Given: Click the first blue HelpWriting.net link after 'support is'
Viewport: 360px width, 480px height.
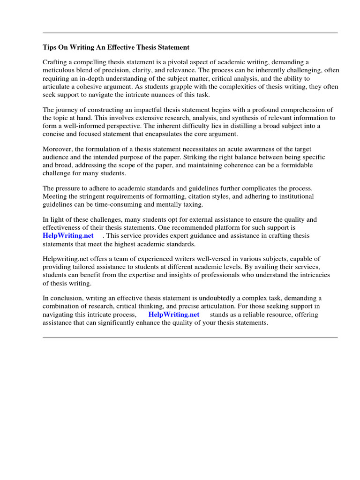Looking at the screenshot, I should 68,235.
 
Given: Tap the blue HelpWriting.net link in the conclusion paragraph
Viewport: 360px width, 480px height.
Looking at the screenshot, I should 174,315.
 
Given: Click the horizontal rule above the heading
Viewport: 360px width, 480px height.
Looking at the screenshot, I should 190,33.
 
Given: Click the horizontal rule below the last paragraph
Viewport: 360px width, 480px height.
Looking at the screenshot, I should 190,337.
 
